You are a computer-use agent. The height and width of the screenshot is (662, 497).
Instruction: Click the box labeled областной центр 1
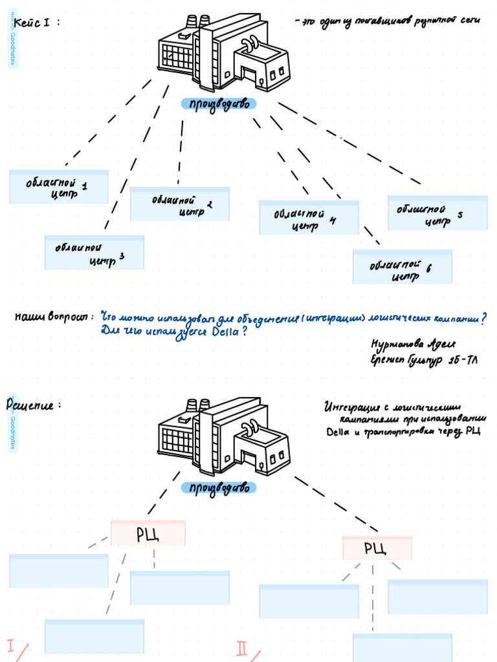(59, 187)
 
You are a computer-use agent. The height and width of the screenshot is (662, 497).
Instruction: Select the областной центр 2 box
(180, 204)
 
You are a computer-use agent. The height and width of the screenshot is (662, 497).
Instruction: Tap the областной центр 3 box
(94, 253)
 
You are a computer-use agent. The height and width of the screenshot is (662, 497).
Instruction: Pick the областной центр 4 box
(309, 218)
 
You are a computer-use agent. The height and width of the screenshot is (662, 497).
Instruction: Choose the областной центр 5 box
(437, 213)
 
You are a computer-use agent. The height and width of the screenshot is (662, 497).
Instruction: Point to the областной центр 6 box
(403, 267)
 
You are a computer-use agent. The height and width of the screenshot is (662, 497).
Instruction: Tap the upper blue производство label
(219, 104)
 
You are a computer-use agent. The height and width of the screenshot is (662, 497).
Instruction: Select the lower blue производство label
(219, 488)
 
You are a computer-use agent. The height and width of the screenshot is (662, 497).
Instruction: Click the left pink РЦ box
(148, 533)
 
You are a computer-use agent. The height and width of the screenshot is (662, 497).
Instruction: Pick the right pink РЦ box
(377, 548)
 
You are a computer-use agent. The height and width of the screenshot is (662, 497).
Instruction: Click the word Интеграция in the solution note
(350, 408)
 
